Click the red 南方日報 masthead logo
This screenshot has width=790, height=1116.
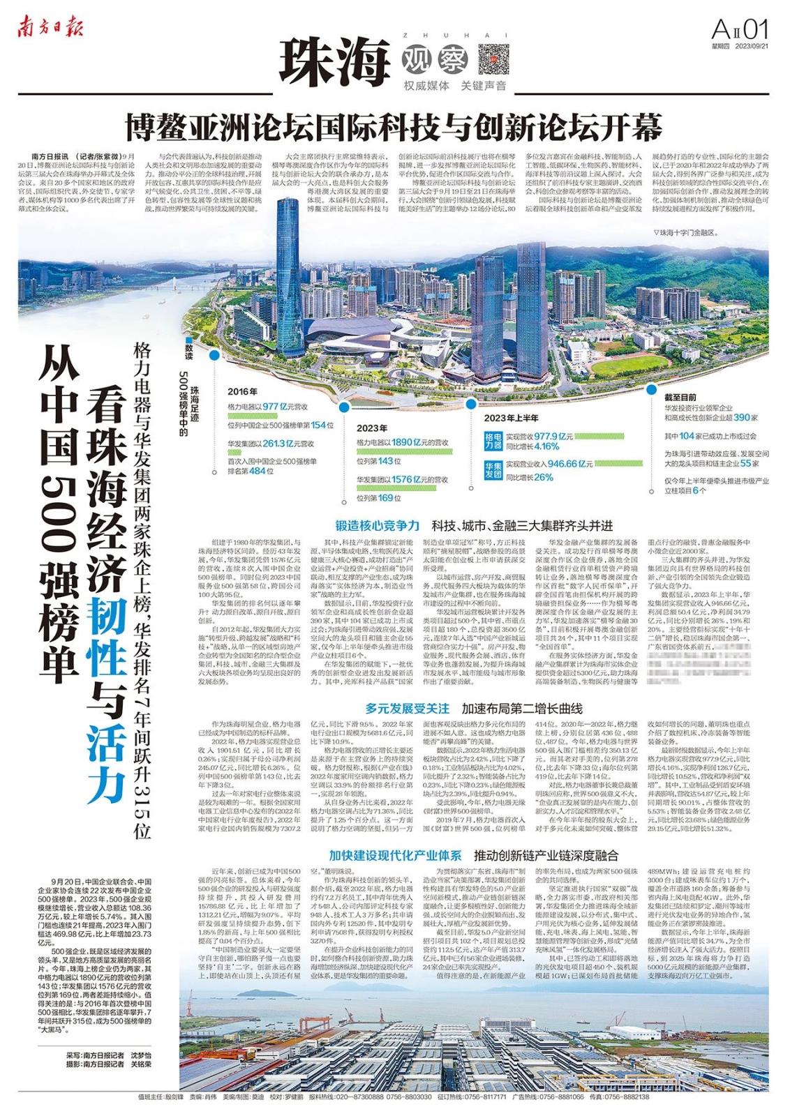[51, 28]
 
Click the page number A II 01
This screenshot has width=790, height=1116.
[740, 30]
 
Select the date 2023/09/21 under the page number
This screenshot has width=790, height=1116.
[752, 47]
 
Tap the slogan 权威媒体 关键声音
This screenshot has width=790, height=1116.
[455, 86]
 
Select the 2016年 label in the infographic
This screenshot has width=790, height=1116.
[242, 392]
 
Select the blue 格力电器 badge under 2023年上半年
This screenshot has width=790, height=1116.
[493, 441]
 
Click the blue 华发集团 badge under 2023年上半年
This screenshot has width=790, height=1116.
[493, 469]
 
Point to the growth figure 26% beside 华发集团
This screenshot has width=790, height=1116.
[544, 477]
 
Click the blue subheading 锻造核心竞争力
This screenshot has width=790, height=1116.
[377, 525]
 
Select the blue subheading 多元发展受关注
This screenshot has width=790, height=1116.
[407, 708]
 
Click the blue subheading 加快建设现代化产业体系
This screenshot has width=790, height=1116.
[395, 855]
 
